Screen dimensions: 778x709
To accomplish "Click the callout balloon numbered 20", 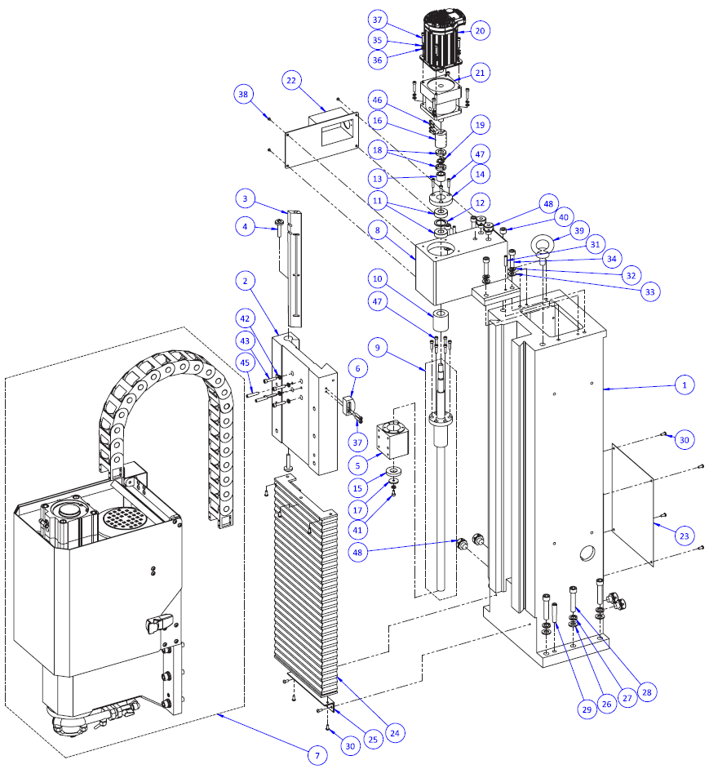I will tap(480, 30).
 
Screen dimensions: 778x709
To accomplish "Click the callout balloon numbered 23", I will tap(684, 536).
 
